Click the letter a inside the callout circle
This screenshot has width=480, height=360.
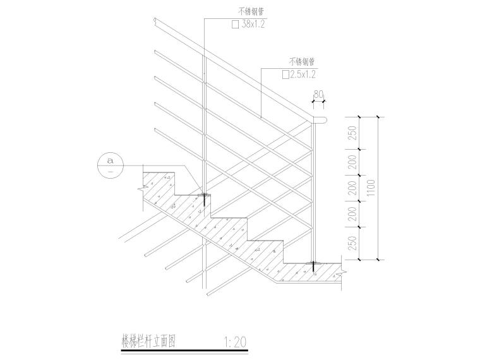[x=110, y=160]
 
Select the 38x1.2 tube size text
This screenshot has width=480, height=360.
[x=253, y=25]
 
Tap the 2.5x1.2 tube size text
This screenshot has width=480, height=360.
[x=303, y=75]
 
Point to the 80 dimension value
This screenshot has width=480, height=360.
[x=318, y=95]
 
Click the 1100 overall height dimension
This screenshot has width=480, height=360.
[x=371, y=188]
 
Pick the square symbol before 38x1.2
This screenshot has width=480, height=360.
[x=235, y=25]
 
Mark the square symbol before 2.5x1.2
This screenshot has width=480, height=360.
[x=285, y=75]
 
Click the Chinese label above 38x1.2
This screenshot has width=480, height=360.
[x=251, y=12]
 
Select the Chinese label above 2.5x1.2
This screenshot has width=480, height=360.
[x=302, y=62]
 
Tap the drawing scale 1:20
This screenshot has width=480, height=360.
[x=235, y=342]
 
